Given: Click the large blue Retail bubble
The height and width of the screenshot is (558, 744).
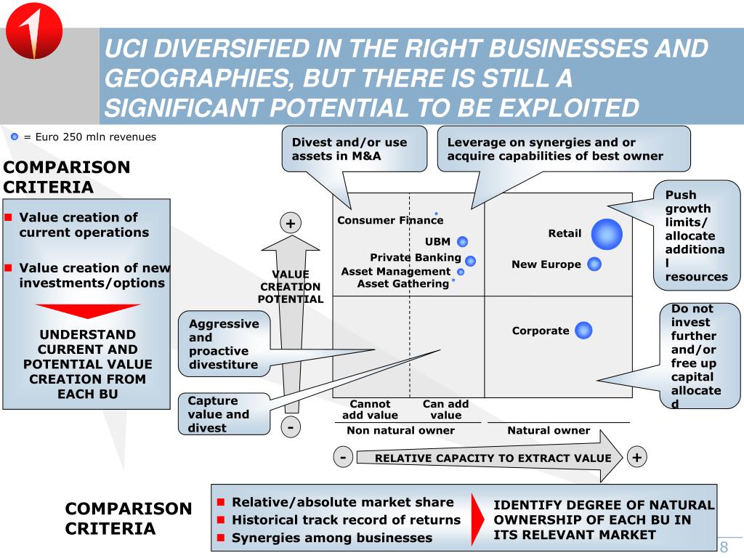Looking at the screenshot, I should (607, 234).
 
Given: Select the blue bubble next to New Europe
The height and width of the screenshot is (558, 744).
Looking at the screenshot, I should (594, 264).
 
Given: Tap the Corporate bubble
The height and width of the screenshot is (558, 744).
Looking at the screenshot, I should (583, 331).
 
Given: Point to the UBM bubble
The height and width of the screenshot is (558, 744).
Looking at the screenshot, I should (463, 242).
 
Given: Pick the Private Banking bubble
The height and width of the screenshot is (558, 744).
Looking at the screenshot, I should (471, 260).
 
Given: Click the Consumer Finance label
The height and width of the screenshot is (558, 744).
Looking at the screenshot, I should (389, 220).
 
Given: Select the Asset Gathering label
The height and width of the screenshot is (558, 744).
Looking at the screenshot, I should (403, 283).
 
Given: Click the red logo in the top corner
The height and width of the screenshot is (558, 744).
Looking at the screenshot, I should (33, 31).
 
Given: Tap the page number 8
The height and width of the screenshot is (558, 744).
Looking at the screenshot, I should (724, 547).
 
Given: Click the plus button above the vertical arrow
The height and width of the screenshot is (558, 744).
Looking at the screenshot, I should (291, 223).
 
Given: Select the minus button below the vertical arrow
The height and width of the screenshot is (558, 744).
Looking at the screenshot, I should (291, 427).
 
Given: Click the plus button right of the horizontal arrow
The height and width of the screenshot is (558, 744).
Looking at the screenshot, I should (636, 457).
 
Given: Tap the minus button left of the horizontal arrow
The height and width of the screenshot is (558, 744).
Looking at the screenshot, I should (342, 457).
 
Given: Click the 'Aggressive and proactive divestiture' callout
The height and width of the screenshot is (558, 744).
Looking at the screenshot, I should (224, 344).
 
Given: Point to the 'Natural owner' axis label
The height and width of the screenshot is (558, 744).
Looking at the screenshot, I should (549, 430).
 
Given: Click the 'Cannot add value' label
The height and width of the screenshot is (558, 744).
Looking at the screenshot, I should (371, 410).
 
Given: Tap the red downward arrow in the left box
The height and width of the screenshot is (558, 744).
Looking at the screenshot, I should (87, 311).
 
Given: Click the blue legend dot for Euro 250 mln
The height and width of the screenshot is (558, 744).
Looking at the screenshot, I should (15, 137).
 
